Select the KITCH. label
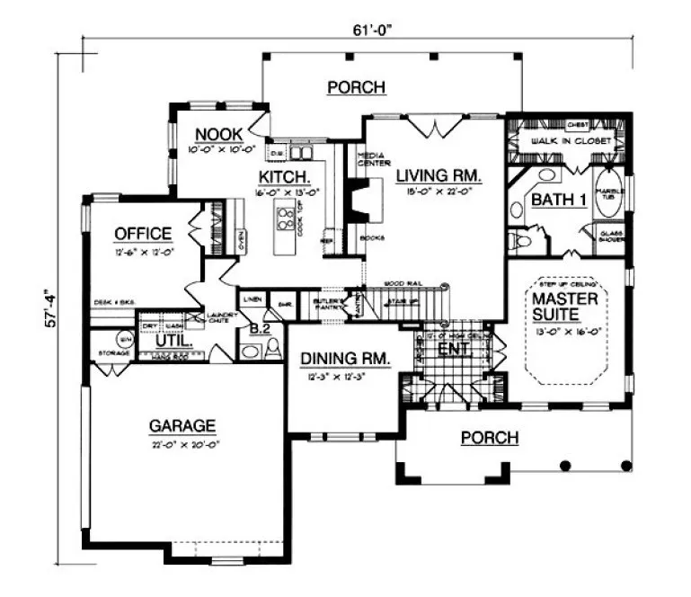pos(285,176)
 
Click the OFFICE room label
pos(142,234)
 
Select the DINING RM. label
pos(345,358)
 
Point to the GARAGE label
pos(182,425)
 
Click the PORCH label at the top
pos(356,87)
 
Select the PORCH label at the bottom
pos(489,438)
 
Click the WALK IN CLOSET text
pos(570,142)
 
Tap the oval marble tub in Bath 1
pos(607,200)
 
